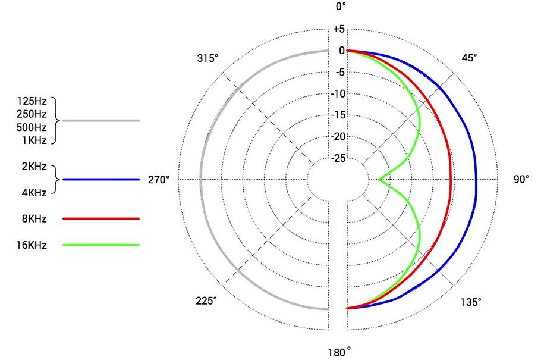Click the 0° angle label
[x=341, y=7]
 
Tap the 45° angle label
[x=469, y=58]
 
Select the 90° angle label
[x=521, y=179]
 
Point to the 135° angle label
[x=470, y=302]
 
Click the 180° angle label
[x=339, y=352]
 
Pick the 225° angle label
[x=206, y=300]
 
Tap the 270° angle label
[x=159, y=180]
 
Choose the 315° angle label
[x=207, y=58]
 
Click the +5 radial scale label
[x=339, y=29]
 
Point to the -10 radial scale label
[x=338, y=94]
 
